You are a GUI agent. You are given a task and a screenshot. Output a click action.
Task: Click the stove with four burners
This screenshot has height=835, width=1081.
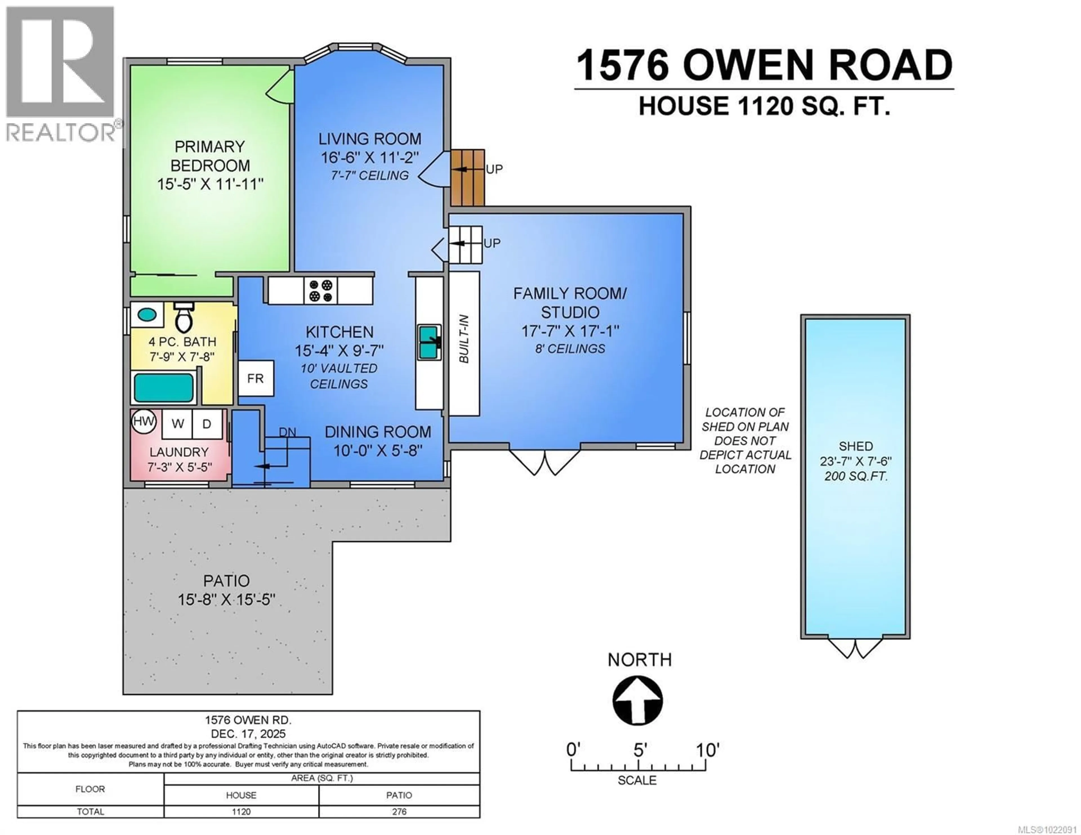(320, 290)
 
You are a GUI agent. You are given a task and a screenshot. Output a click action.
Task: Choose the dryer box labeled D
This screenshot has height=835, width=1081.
(207, 424)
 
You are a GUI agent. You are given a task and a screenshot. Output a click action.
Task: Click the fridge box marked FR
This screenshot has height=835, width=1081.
(255, 379)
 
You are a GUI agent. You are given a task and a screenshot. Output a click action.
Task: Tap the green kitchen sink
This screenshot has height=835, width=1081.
(429, 342)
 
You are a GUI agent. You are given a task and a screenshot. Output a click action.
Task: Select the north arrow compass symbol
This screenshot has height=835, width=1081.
(638, 700)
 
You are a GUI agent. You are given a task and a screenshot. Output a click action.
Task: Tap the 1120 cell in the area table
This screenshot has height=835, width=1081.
(241, 812)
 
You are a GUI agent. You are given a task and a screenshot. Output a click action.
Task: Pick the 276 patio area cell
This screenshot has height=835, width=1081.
(399, 812)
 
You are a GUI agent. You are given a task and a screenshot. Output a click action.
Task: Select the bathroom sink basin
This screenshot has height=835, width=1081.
(146, 314)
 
